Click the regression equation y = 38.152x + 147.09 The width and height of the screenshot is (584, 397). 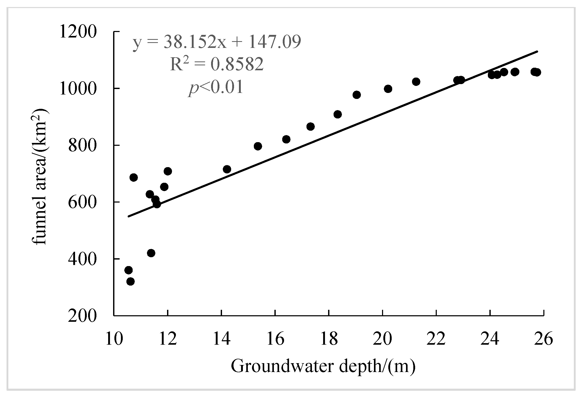tap(217, 42)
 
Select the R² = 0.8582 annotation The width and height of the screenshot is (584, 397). tap(217, 65)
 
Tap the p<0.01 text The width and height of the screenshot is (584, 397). tap(216, 87)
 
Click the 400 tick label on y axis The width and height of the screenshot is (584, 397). tap(82, 259)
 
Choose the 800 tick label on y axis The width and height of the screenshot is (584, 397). tap(82, 146)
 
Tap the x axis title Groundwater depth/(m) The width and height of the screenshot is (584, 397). tap(323, 367)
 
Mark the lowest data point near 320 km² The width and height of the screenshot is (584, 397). tap(130, 281)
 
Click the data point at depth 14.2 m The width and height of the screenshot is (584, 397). tap(227, 169)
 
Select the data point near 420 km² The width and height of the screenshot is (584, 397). tap(151, 253)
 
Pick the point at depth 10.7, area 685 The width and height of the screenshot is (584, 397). tap(133, 178)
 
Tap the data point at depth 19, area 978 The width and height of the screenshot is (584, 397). tap(356, 95)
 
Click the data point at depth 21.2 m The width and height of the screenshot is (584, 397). tap(416, 82)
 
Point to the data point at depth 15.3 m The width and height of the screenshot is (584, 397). tap(258, 146)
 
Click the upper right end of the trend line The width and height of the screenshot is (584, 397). tap(537, 52)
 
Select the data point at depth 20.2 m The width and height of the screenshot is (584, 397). tap(388, 89)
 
